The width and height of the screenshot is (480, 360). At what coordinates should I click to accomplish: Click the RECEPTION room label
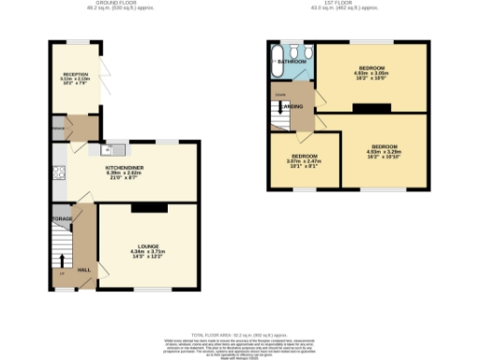[x=76, y=74]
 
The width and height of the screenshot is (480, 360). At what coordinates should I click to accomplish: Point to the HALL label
[x=83, y=270]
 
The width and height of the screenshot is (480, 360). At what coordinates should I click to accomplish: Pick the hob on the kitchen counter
[x=59, y=172]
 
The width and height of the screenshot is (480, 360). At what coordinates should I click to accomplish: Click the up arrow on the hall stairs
[x=63, y=260]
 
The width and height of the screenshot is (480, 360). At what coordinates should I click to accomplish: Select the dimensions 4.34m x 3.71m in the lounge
[x=147, y=252]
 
